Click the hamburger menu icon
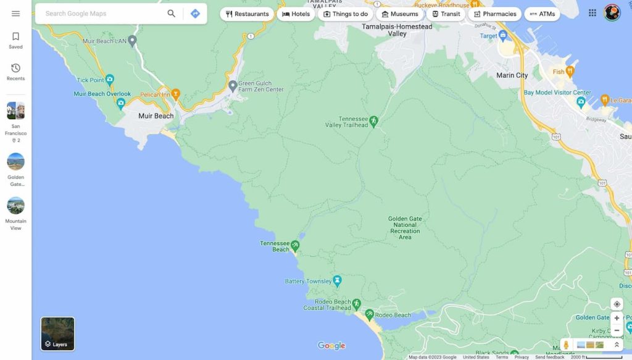coord(15,14)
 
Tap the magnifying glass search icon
coord(171,14)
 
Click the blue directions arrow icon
coord(195,14)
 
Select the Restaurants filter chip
coord(247,14)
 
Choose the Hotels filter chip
coord(296,14)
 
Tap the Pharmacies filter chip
coord(494,14)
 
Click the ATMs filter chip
coord(542,14)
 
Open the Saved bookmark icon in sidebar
coord(16,37)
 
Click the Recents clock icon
coord(16,68)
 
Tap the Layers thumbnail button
coord(57,333)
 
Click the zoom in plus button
coord(617,318)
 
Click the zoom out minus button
coord(617,330)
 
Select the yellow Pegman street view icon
coord(566,345)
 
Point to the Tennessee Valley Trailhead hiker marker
coord(373,120)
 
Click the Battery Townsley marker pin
coord(337,281)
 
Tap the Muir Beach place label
coord(156,116)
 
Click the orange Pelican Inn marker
coord(176,94)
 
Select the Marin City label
coord(512,75)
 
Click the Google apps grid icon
coord(592,13)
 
